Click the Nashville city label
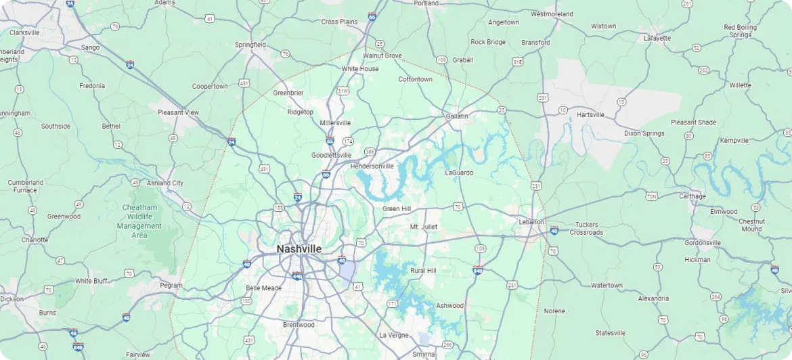tap(299, 249)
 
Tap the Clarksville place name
tap(24, 32)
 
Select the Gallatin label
tap(457, 116)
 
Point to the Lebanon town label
tap(531, 222)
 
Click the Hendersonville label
tap(372, 166)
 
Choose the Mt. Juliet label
tap(424, 227)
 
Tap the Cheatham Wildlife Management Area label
tap(139, 221)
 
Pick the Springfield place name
tap(250, 45)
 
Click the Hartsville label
tap(590, 114)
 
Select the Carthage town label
tap(692, 196)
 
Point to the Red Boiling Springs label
tap(740, 31)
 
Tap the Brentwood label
tap(299, 325)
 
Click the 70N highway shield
tap(651, 196)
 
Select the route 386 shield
tap(370, 152)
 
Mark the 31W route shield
tap(343, 91)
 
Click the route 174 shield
tap(348, 141)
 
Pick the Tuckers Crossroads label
tap(586, 229)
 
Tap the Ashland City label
tap(165, 183)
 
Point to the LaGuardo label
tap(459, 173)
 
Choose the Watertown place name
tap(607, 286)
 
